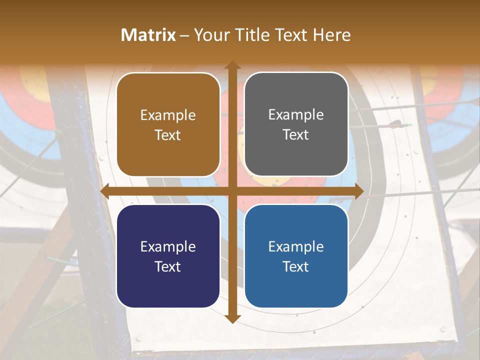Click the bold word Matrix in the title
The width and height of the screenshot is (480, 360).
coord(148,35)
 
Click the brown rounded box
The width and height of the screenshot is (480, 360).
coord(168,125)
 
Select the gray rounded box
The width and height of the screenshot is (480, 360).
coord(296,124)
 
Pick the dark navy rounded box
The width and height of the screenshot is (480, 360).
coord(168,256)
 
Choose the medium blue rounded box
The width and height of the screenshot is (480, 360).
coord(296,256)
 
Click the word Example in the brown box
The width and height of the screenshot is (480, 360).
coord(168,115)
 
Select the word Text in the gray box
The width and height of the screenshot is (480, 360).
coord(296,135)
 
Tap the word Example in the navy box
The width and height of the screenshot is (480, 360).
coord(168,246)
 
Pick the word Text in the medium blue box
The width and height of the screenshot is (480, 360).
coord(296,266)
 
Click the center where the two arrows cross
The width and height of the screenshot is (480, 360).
coord(232,191)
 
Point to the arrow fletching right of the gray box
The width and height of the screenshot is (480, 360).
coord(397,124)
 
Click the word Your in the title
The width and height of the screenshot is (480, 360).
coord(210,35)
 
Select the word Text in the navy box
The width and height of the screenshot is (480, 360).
coord(168,266)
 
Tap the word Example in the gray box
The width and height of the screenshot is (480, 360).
coord(296,115)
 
